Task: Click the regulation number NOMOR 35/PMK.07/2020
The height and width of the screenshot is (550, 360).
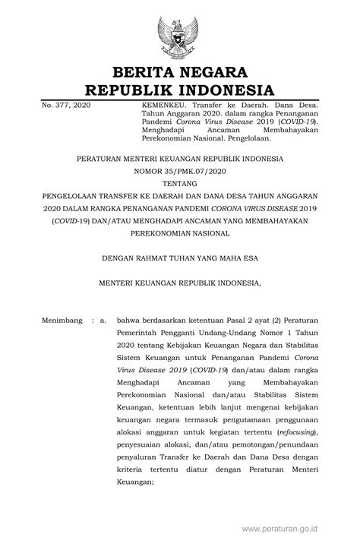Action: click(x=179, y=171)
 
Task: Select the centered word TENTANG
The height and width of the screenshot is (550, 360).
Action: click(x=179, y=183)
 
